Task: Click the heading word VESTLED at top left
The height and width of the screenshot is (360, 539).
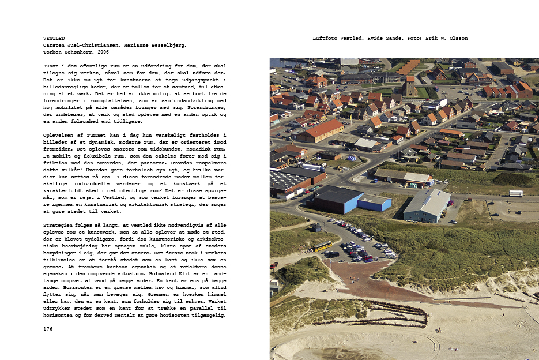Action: [53, 39]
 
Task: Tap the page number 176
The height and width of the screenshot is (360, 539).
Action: [48, 328]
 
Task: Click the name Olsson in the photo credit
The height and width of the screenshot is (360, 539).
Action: [458, 39]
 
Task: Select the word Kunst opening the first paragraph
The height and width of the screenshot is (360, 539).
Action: [51, 66]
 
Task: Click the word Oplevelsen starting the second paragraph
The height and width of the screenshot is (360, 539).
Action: [60, 135]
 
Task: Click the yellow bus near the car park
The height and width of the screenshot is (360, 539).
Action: [322, 246]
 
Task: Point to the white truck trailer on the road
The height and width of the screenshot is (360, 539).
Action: [515, 193]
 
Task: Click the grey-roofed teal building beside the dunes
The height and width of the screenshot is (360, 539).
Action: [427, 205]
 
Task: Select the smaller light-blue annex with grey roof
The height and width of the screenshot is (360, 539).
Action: [375, 202]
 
